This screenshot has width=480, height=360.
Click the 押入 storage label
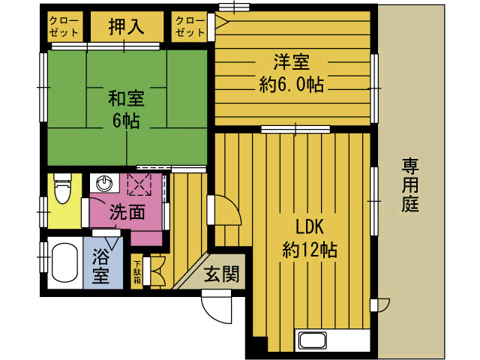click(126, 28)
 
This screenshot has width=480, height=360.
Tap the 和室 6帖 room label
click(126, 109)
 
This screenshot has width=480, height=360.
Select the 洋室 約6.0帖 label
click(292, 73)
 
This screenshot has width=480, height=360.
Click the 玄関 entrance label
click(222, 275)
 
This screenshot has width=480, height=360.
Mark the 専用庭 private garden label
click(409, 184)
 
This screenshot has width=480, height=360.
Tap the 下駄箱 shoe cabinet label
click(137, 271)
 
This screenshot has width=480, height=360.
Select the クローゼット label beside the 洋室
click(190, 28)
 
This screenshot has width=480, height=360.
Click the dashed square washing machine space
click(139, 184)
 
